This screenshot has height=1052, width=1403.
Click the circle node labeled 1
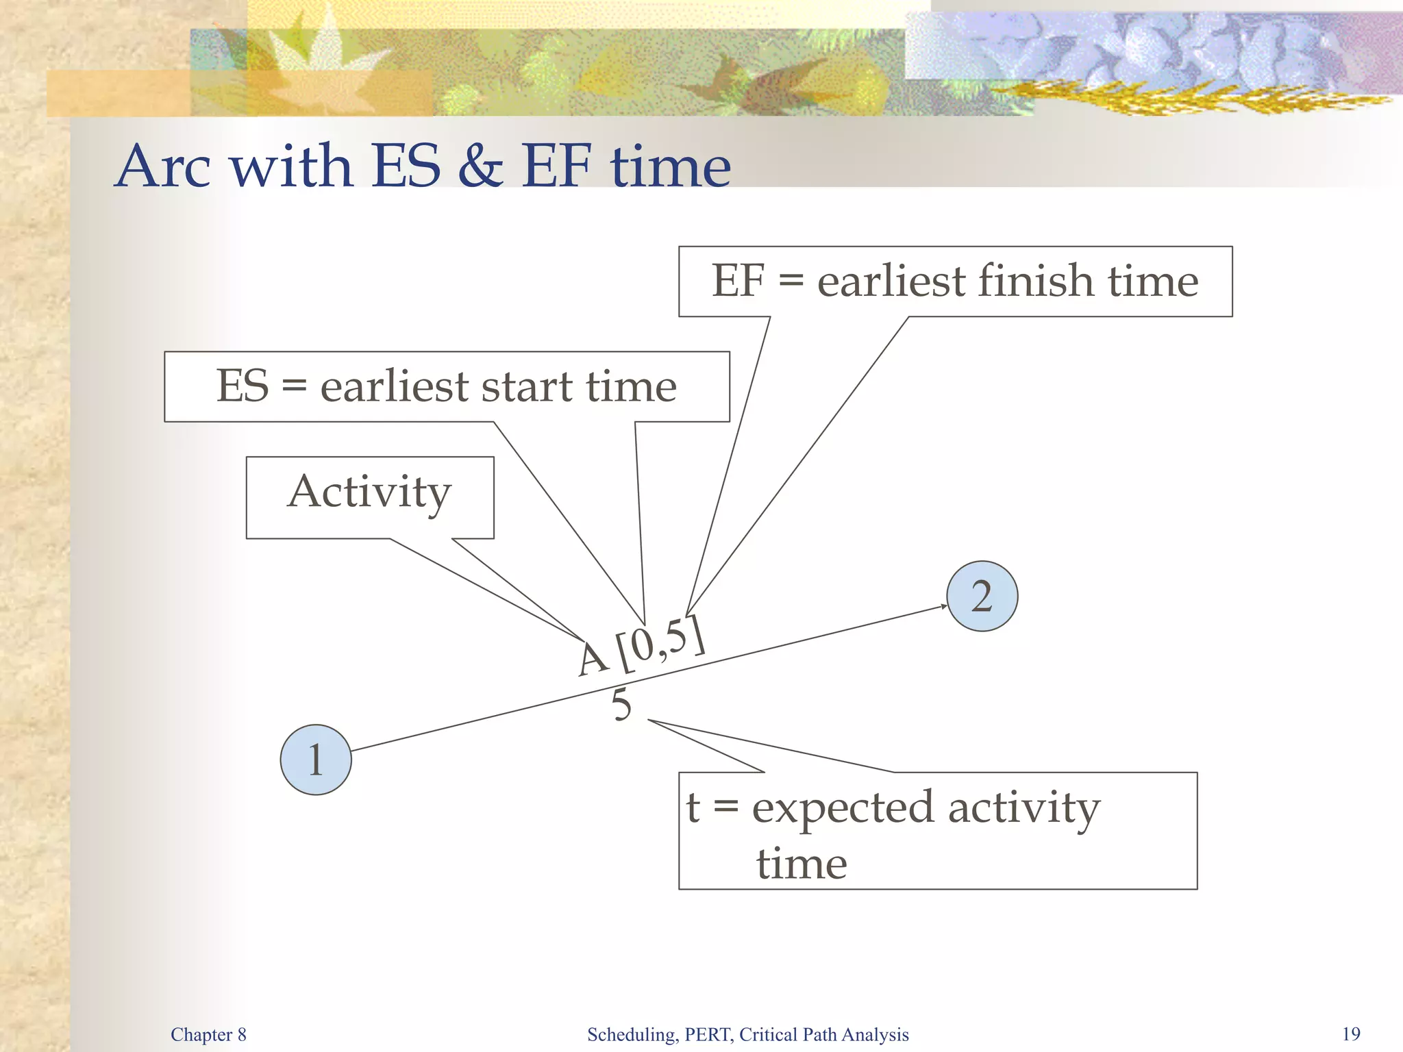[x=316, y=760]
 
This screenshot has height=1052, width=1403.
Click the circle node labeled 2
[x=982, y=596]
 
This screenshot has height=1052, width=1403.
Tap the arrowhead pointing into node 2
[x=942, y=606]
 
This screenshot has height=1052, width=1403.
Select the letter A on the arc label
[x=592, y=659]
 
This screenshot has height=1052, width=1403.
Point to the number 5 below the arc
[x=621, y=705]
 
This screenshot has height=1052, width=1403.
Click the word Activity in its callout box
[x=369, y=492]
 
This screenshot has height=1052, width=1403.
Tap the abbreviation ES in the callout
[x=243, y=386]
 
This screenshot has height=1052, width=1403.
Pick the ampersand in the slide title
[x=481, y=166]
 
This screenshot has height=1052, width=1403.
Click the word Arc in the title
[x=164, y=166]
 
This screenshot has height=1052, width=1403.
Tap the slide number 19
[x=1351, y=1034]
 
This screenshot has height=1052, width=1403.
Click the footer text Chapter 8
[x=208, y=1034]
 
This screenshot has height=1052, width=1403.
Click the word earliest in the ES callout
[x=395, y=386]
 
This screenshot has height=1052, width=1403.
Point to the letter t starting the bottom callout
[x=693, y=807]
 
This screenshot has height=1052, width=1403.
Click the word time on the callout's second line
[x=802, y=863]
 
